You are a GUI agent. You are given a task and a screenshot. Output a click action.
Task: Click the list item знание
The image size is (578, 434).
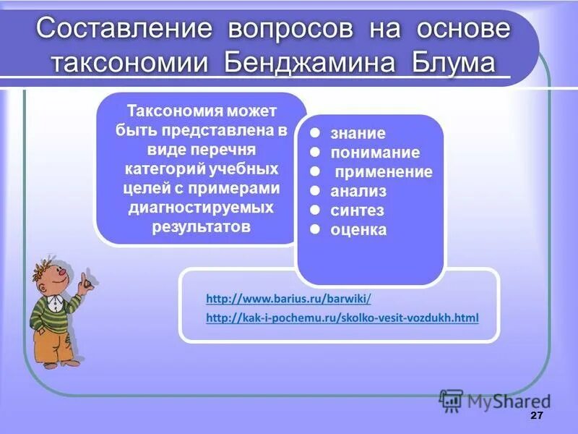pyautogui.click(x=358, y=134)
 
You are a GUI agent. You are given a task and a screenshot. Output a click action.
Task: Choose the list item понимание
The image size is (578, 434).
pyautogui.click(x=374, y=153)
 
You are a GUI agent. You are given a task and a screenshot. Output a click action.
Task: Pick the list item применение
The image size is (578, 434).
pyautogui.click(x=383, y=172)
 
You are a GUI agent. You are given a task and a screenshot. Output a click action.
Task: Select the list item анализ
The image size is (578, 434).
pyautogui.click(x=358, y=192)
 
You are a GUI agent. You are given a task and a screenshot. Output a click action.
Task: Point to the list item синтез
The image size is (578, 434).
pyautogui.click(x=357, y=211)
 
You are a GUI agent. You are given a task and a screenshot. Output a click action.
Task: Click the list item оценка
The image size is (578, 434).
pyautogui.click(x=358, y=231)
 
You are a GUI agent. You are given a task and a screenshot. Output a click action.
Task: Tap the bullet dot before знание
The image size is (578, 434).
pyautogui.click(x=315, y=133)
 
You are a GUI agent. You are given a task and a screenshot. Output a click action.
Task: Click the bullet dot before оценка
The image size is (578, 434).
pyautogui.click(x=315, y=229)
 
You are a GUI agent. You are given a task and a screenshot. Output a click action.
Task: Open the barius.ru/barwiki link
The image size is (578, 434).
pyautogui.click(x=288, y=298)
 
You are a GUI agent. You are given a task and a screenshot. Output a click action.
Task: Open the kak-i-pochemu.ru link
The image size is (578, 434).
pyautogui.click(x=342, y=318)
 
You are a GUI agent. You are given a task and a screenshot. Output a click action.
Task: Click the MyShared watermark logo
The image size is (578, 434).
pyautogui.click(x=494, y=401)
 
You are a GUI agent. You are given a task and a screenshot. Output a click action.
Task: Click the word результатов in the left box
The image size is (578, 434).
pyautogui.click(x=201, y=226)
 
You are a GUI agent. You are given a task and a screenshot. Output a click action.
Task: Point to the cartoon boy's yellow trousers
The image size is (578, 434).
pyautogui.click(x=51, y=344)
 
